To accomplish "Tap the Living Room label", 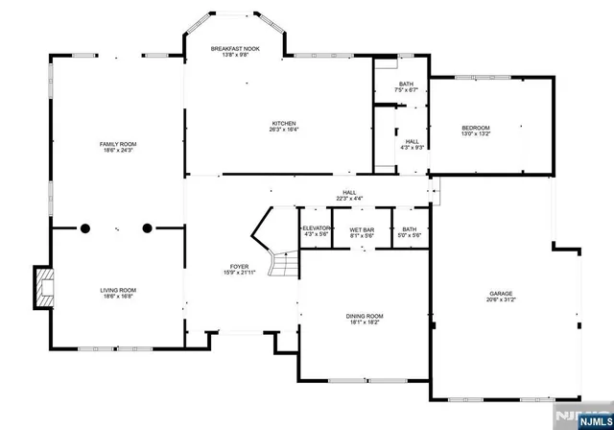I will [118, 290].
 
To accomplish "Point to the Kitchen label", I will [284, 124].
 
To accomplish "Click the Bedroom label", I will [475, 129].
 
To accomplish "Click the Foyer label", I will [239, 268].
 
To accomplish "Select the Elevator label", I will [316, 228].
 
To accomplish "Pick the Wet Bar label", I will [362, 229].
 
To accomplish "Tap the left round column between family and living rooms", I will [84, 228].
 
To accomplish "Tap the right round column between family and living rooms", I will [148, 228].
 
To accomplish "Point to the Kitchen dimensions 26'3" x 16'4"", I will [284, 131].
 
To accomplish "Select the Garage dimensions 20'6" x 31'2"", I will [500, 300].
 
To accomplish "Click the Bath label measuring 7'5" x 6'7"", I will [406, 84].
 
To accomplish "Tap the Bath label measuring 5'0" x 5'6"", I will [410, 229].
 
